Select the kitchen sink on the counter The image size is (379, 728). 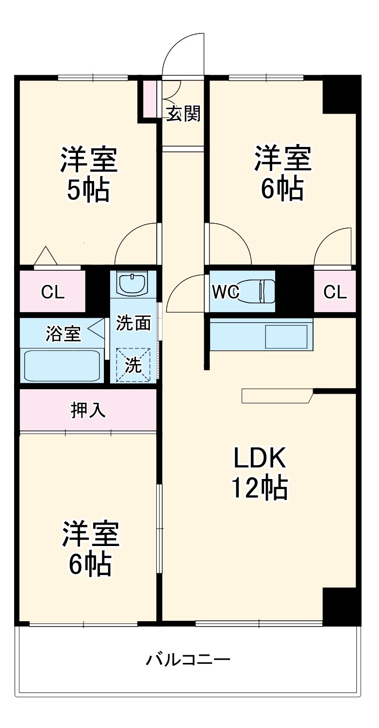click(286, 336)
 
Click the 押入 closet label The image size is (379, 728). click(88, 411)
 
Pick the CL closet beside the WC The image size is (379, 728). click(335, 292)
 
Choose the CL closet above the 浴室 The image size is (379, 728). click(52, 292)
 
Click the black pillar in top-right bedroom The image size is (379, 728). click(341, 95)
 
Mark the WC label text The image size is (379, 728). click(224, 292)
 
